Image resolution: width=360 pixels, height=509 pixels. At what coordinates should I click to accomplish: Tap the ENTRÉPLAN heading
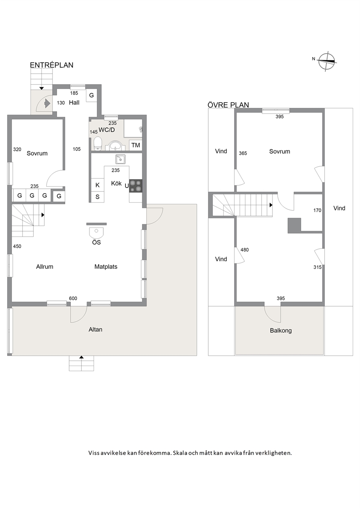tap(52, 65)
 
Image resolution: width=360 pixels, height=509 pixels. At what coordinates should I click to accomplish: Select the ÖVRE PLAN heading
tap(228, 105)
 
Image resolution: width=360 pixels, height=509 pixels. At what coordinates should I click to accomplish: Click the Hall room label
tap(74, 103)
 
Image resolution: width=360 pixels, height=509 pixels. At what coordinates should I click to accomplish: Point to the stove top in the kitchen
tap(136, 186)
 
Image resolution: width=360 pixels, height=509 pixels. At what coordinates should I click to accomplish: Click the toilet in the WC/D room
tap(98, 144)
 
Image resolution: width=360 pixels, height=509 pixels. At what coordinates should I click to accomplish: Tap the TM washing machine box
tap(135, 145)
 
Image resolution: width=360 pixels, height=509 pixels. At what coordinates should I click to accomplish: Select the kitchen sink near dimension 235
tap(120, 159)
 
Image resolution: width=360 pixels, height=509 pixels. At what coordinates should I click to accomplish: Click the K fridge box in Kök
tap(98, 185)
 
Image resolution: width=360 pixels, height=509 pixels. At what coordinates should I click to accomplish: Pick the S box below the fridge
tap(98, 197)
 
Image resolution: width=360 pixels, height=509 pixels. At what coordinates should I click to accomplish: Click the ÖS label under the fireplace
tap(97, 242)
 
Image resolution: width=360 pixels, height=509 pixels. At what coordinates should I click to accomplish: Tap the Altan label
tap(95, 329)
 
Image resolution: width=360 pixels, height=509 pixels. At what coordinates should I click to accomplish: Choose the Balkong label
tap(281, 331)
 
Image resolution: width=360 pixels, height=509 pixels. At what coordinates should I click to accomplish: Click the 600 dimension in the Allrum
tap(73, 298)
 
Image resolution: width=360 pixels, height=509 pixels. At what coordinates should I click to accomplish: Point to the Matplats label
tap(106, 267)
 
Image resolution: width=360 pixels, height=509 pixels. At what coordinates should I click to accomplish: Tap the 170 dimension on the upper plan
tap(317, 210)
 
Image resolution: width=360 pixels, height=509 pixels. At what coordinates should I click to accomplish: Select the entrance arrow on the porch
tap(47, 103)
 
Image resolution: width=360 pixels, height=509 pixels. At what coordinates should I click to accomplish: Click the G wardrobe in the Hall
tap(91, 95)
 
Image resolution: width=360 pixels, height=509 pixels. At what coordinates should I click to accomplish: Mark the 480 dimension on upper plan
tap(245, 250)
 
